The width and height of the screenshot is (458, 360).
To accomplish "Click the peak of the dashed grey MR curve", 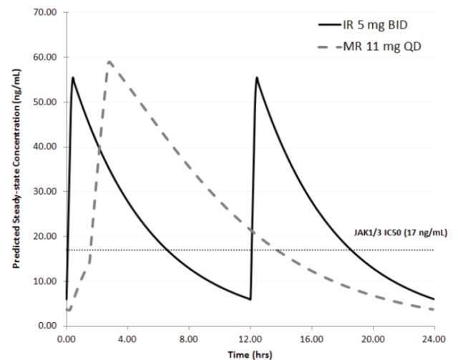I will point(109,62).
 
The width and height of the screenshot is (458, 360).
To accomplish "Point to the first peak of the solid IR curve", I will point(72,77).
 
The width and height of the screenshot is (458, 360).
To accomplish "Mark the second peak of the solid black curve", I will point(256,77).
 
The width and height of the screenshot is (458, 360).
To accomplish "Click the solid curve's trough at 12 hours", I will point(250,299).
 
